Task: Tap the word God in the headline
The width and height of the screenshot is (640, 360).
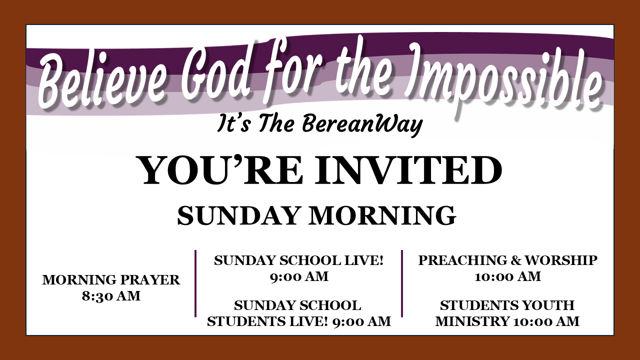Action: pyautogui.click(x=215, y=75)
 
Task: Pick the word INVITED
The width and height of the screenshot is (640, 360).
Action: pyautogui.click(x=408, y=171)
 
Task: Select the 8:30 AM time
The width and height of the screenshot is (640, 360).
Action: pyautogui.click(x=111, y=296)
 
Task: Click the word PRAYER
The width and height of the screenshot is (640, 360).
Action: pyautogui.click(x=150, y=280)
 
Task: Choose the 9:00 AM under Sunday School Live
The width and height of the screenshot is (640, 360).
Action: pyautogui.click(x=299, y=276)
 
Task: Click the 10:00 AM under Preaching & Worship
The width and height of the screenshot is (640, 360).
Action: pyautogui.click(x=507, y=276)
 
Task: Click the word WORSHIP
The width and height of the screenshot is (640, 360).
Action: pyautogui.click(x=561, y=260)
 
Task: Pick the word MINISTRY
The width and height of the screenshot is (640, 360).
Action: pyautogui.click(x=472, y=321)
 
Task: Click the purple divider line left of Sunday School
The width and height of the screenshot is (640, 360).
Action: pyautogui.click(x=195, y=283)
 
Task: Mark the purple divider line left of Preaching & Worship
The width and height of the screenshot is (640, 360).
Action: pyautogui.click(x=402, y=283)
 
